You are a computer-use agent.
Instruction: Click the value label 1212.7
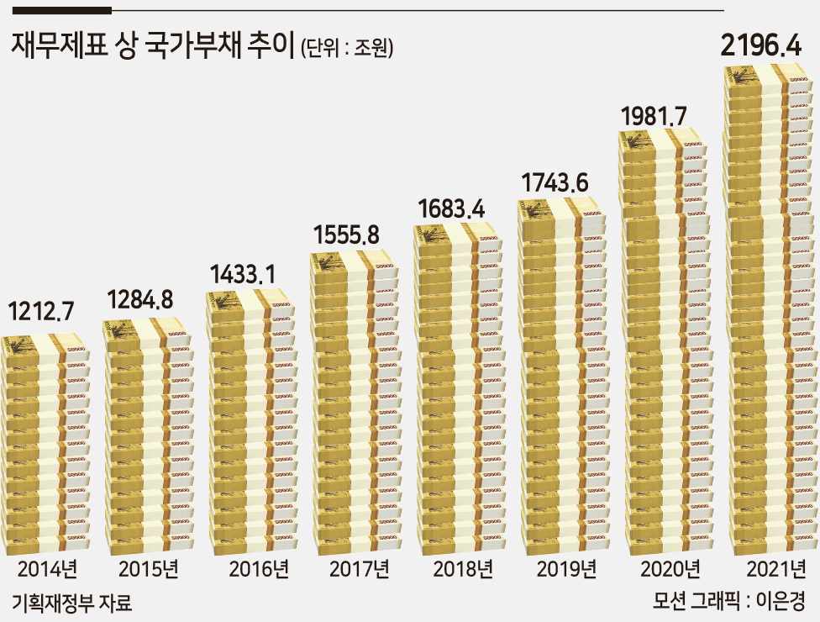(x=41, y=311)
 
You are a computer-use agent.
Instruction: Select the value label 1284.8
(x=139, y=299)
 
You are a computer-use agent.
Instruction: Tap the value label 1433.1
(x=242, y=274)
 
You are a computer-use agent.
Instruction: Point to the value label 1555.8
(x=346, y=235)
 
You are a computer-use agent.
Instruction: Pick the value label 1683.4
(x=451, y=208)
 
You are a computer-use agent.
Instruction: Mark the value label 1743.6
(x=555, y=182)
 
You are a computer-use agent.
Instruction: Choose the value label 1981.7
(x=654, y=116)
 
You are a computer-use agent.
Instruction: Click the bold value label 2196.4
(x=761, y=45)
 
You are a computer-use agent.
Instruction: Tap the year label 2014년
(x=48, y=569)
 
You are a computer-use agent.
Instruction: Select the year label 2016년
(x=259, y=569)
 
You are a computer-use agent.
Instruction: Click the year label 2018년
(x=463, y=569)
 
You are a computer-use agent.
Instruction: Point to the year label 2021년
(x=776, y=569)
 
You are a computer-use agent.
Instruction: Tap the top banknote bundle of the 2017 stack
(x=354, y=266)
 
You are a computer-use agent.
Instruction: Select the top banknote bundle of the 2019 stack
(x=561, y=213)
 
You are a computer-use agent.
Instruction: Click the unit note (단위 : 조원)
(x=347, y=48)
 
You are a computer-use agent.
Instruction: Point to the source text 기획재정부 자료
(x=71, y=604)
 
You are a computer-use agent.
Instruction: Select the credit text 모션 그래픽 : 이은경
(x=728, y=600)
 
